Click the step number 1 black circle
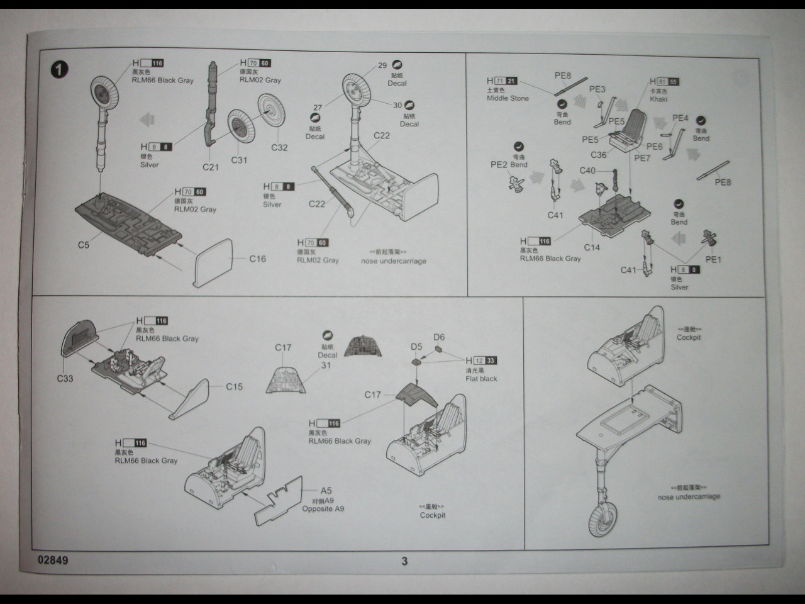pyautogui.click(x=59, y=69)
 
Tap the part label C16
pyautogui.click(x=257, y=259)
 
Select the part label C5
pyautogui.click(x=84, y=245)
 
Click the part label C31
pyautogui.click(x=239, y=160)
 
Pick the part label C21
pyautogui.click(x=211, y=167)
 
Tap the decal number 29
pyautogui.click(x=382, y=65)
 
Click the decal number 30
pyautogui.click(x=397, y=105)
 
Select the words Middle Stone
pyautogui.click(x=508, y=98)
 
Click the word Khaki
pyautogui.click(x=658, y=99)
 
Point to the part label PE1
pyautogui.click(x=713, y=259)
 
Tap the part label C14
pyautogui.click(x=592, y=247)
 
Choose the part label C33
pyautogui.click(x=65, y=379)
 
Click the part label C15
pyautogui.click(x=234, y=386)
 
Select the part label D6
pyautogui.click(x=439, y=337)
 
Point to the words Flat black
pyautogui.click(x=481, y=379)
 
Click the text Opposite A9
pyautogui.click(x=323, y=508)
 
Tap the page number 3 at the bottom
pyautogui.click(x=404, y=561)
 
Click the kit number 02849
pyautogui.click(x=53, y=560)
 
